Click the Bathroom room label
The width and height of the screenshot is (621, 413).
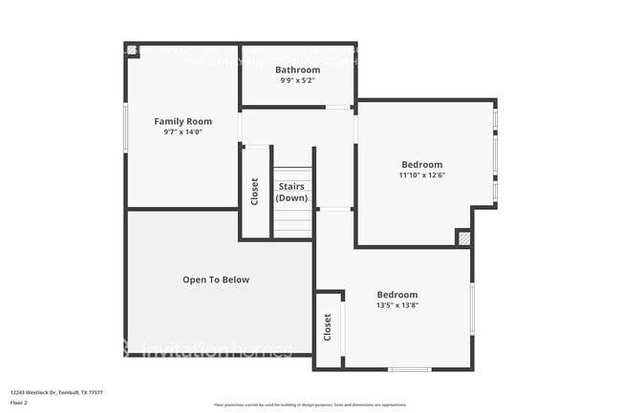297,70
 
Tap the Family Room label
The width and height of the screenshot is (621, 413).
183,121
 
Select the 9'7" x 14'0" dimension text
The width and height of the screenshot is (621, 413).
183,133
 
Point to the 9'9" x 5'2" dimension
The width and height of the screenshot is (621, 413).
297,81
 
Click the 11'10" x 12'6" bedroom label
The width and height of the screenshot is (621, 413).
422,170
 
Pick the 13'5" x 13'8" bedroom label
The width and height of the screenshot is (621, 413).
397,299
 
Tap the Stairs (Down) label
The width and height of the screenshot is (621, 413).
292,192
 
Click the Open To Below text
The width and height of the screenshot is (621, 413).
216,279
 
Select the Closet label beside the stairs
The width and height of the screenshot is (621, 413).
255,192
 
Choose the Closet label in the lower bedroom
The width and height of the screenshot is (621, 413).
328,328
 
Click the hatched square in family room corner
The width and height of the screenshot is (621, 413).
132,51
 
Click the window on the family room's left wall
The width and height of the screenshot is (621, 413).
125,128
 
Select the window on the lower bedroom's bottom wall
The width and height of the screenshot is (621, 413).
409,369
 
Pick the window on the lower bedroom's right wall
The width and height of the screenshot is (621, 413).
472,308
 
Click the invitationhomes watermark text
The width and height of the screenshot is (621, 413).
215,350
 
